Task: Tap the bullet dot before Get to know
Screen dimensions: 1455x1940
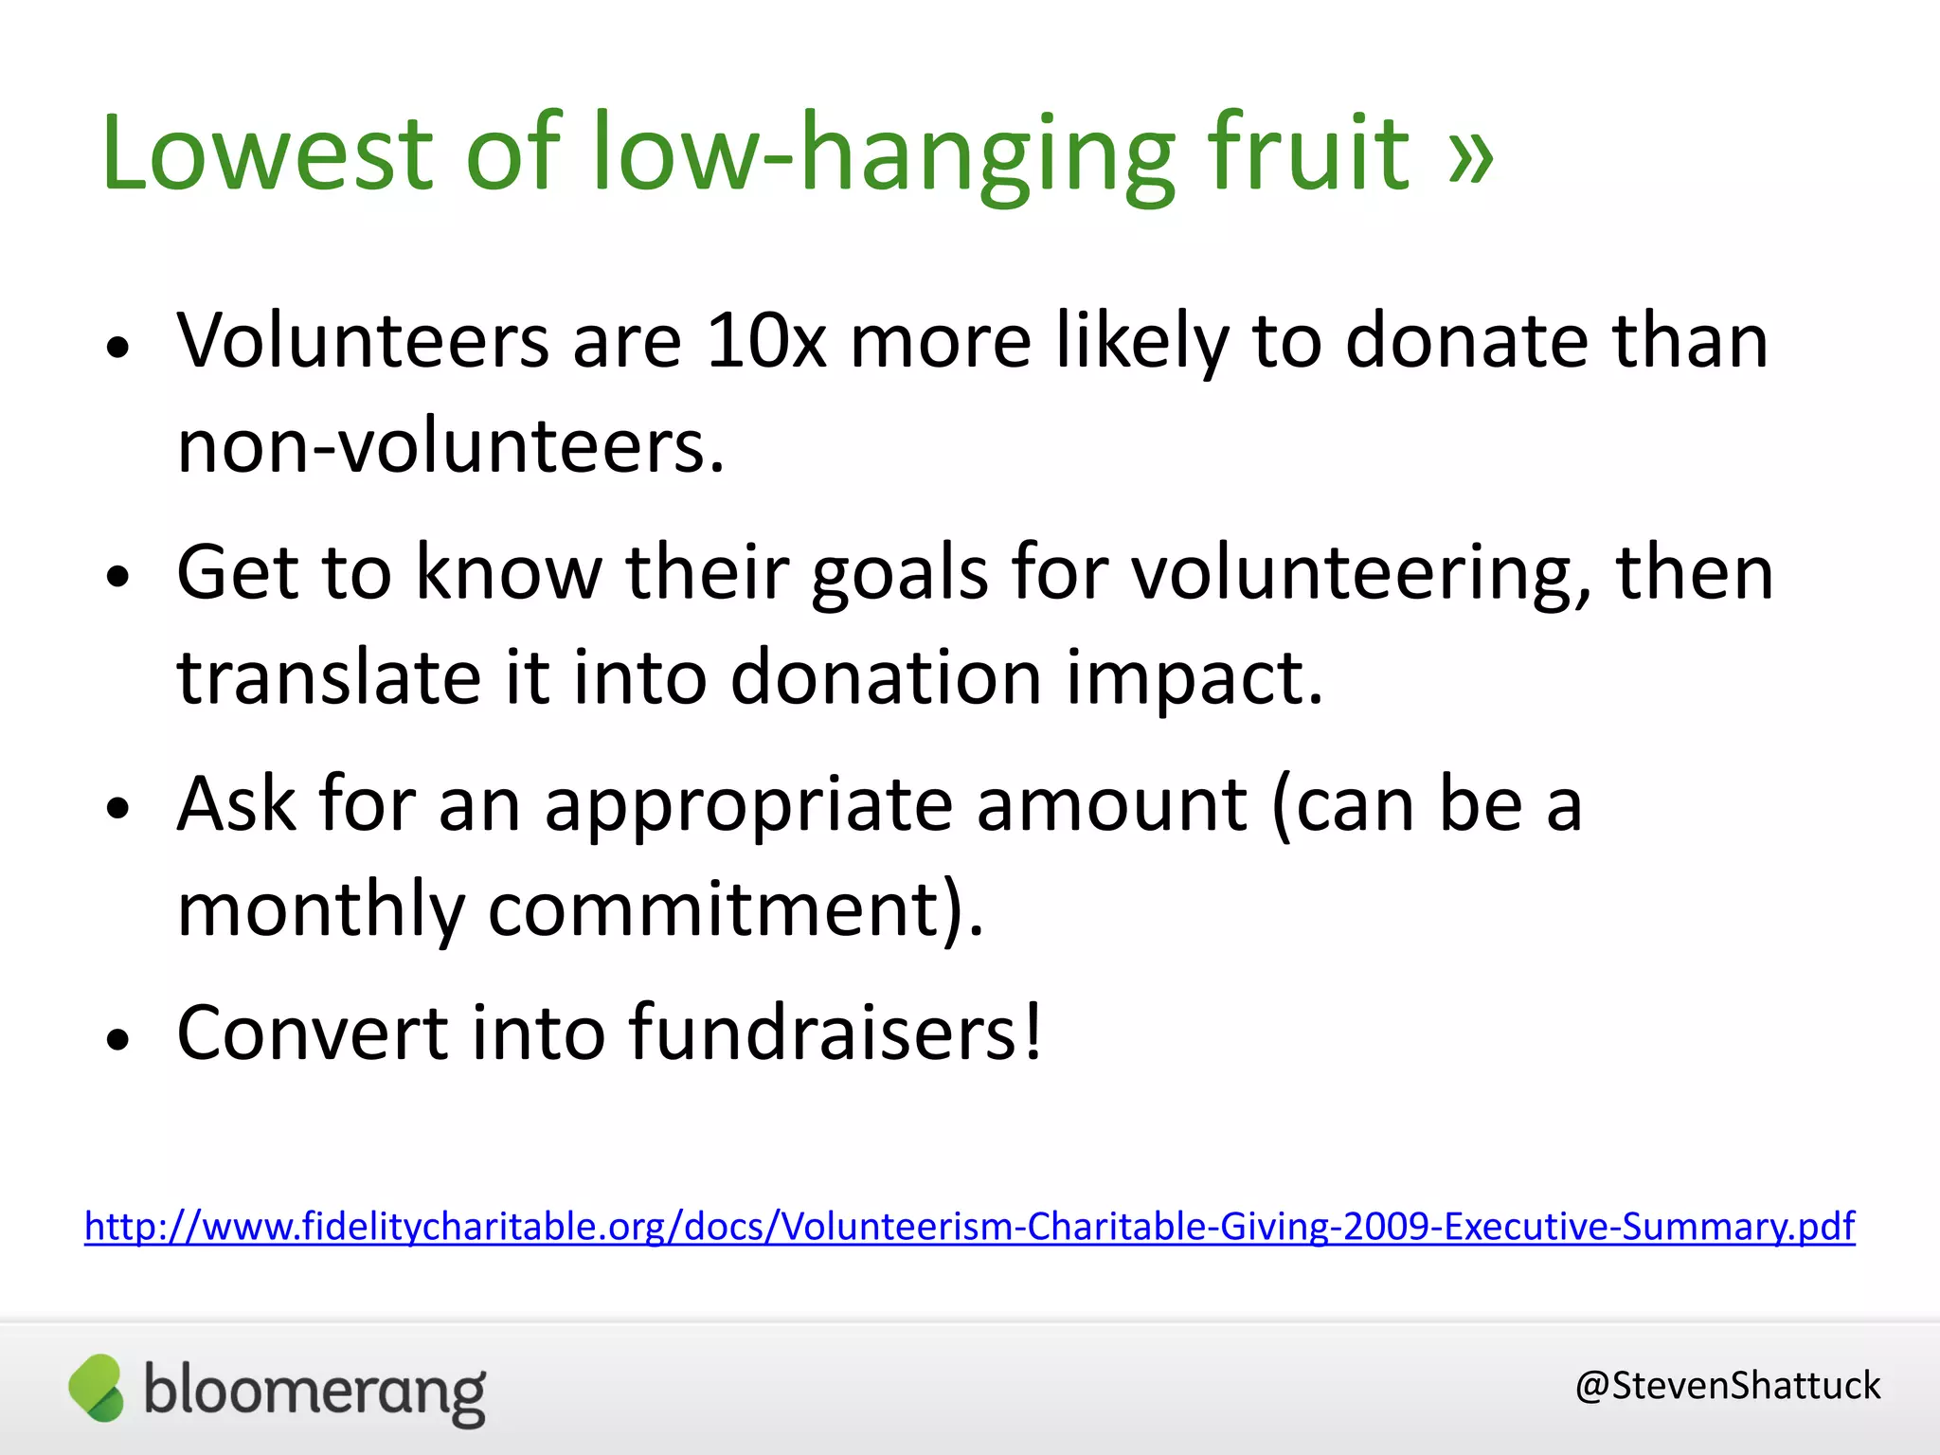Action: [x=117, y=577]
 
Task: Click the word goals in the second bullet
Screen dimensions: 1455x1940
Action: [x=899, y=573]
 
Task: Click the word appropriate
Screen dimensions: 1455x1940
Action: [x=748, y=805]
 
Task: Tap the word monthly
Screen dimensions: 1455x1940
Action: [x=320, y=909]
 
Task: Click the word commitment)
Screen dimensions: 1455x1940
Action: [x=735, y=909]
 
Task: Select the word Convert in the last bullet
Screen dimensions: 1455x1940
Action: [x=312, y=1033]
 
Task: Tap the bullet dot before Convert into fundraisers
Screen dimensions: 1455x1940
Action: [x=117, y=1039]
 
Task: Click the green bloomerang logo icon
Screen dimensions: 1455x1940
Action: [x=97, y=1388]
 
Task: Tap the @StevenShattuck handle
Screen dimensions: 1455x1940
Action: [x=1727, y=1386]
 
